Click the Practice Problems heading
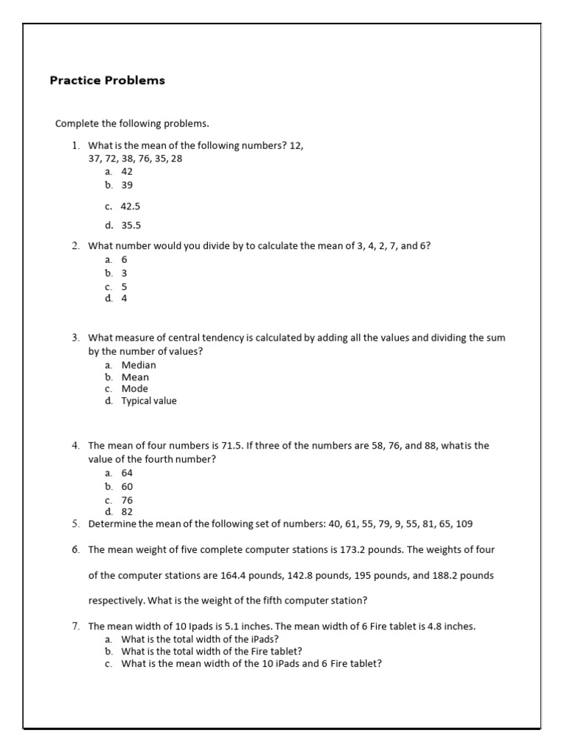[107, 81]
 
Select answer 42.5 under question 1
[130, 207]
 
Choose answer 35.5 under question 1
[130, 225]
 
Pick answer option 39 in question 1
[127, 186]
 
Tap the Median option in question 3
[138, 365]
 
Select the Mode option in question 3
[134, 388]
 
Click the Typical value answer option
[148, 401]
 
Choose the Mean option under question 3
[135, 377]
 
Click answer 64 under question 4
[127, 473]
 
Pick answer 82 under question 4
[127, 511]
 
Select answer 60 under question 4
[127, 486]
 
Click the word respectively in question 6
[116, 601]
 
